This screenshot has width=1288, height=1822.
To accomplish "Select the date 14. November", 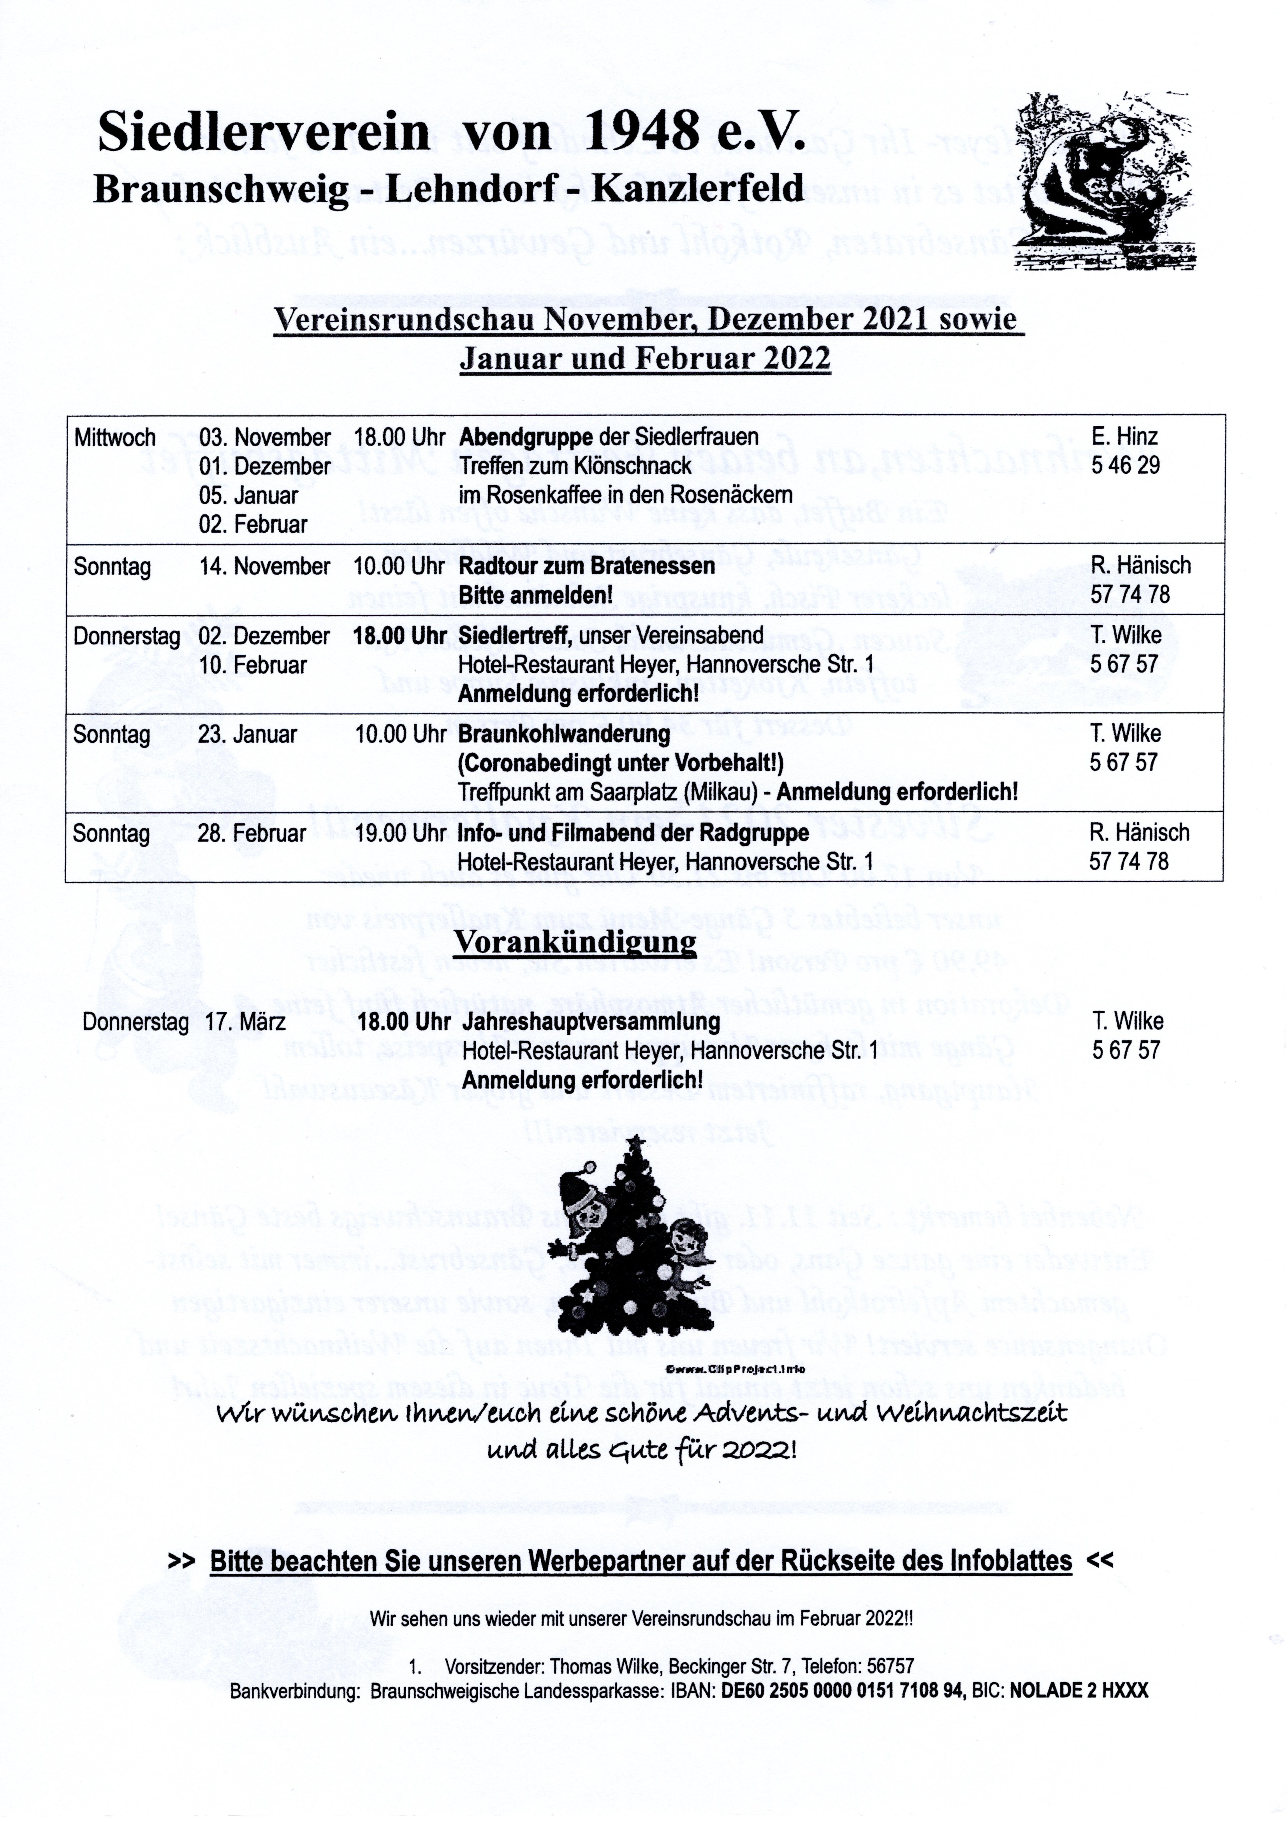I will pyautogui.click(x=264, y=567).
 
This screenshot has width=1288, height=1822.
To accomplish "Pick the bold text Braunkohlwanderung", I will pyautogui.click(x=564, y=734).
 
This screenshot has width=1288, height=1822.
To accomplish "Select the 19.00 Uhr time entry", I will pyautogui.click(x=401, y=833).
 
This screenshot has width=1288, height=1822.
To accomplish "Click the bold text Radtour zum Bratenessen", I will pyautogui.click(x=587, y=567).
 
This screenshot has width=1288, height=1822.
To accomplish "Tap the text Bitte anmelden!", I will pyautogui.click(x=536, y=595).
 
